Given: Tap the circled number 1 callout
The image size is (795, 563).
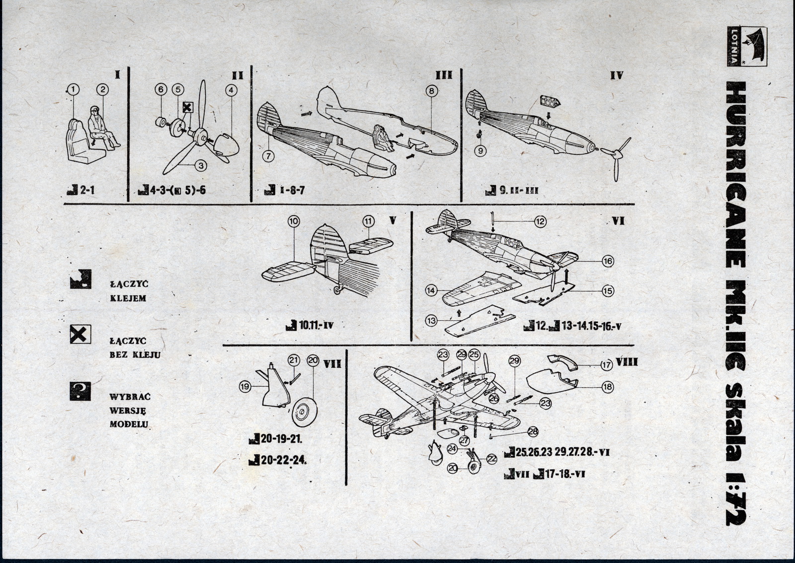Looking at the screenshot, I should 73,89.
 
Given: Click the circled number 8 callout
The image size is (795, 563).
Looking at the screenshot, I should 431,91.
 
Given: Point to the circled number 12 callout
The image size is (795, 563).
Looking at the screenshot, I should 541,221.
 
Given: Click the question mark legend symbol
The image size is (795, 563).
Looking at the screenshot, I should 80,390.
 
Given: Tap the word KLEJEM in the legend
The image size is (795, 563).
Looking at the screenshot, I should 128,299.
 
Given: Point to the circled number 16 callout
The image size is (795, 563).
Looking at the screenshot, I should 608,261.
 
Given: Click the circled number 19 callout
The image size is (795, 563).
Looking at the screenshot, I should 245,387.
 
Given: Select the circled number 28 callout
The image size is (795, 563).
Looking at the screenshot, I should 533,432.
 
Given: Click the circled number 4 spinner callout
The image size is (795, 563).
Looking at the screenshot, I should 231,90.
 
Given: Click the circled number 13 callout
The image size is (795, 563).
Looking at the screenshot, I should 431,321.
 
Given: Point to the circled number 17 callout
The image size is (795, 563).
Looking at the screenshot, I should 606,365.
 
